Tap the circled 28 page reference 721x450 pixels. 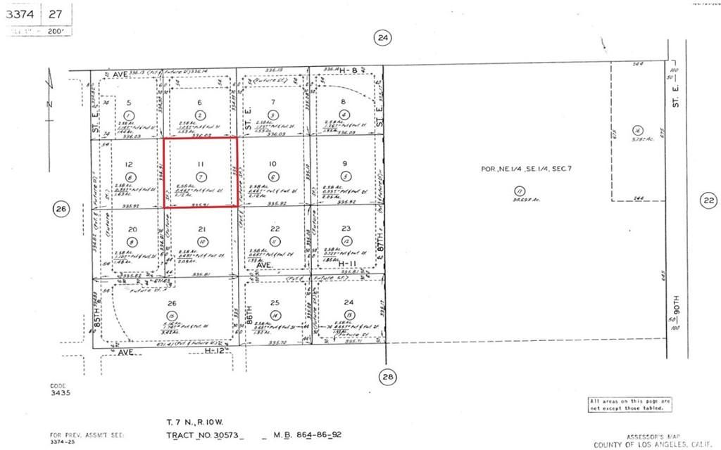(x=387, y=376)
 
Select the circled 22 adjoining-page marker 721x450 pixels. (x=707, y=201)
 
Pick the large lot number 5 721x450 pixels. (x=128, y=103)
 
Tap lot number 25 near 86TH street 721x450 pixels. (x=275, y=302)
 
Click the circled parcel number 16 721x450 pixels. (x=637, y=130)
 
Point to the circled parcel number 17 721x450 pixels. (x=520, y=191)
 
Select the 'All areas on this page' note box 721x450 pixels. (x=629, y=404)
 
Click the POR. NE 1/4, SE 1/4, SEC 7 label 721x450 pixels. (x=520, y=169)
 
